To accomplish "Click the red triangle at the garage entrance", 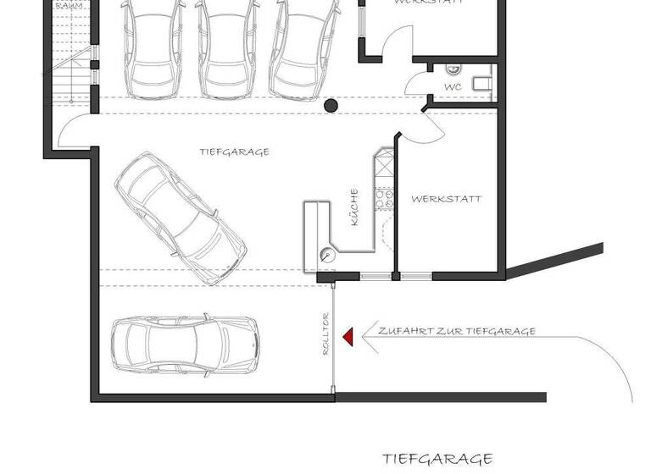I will pyautogui.click(x=348, y=337).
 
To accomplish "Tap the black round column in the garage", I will pyautogui.click(x=331, y=106).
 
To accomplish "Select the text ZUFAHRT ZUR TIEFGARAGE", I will pyautogui.click(x=456, y=331).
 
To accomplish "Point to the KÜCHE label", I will pyautogui.click(x=354, y=208).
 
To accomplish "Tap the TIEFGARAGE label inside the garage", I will pyautogui.click(x=235, y=152).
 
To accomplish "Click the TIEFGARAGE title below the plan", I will pyautogui.click(x=437, y=459).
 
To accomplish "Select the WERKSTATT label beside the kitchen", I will pyautogui.click(x=446, y=199).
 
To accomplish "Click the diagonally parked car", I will pyautogui.click(x=181, y=217).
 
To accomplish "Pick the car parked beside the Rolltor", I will pyautogui.click(x=183, y=345).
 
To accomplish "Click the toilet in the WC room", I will pyautogui.click(x=482, y=82).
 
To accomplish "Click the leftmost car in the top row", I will pyautogui.click(x=153, y=47).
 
